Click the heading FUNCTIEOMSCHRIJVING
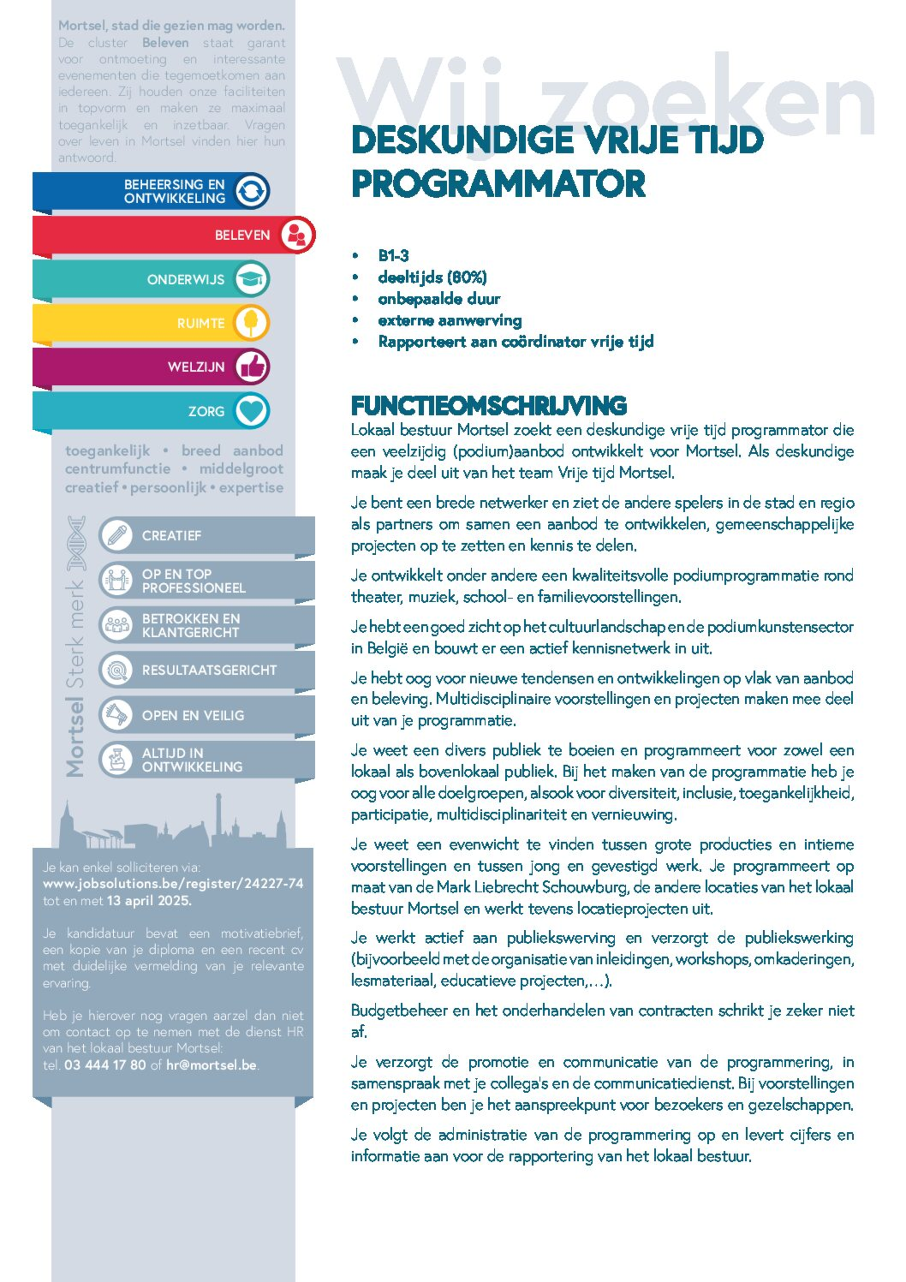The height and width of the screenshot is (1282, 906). click(489, 406)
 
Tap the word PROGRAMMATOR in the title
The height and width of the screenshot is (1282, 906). click(498, 184)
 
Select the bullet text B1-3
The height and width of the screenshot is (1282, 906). click(393, 256)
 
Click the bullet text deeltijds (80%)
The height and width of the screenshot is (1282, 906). click(432, 277)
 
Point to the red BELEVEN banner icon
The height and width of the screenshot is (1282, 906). click(296, 235)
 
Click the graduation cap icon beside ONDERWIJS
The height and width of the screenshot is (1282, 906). click(251, 279)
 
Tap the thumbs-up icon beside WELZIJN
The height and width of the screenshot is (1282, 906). click(251, 367)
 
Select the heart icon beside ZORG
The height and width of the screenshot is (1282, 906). click(251, 411)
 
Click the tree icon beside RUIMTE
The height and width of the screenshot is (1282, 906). click(251, 323)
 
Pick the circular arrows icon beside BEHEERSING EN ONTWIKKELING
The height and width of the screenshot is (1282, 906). click(251, 191)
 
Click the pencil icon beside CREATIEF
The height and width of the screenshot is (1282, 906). click(116, 535)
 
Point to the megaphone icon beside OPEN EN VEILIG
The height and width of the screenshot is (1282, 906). click(116, 715)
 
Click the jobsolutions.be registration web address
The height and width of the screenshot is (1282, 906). click(173, 883)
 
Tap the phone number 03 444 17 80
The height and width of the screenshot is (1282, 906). click(105, 1065)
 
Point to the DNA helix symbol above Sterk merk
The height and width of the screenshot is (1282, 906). click(76, 543)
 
